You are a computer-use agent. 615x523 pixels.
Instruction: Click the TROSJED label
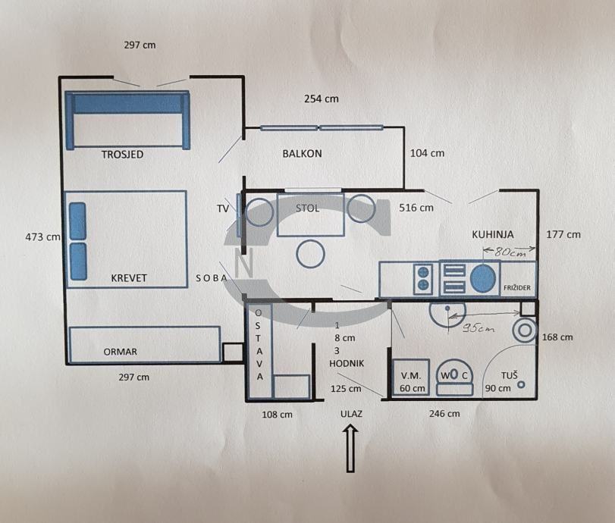tap(122, 155)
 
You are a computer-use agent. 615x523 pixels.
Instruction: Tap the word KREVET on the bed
tap(129, 278)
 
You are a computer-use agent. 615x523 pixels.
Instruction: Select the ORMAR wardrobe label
tap(120, 352)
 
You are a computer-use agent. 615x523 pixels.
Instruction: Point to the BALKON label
tap(302, 153)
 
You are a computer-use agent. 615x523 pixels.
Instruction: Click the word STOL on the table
tap(308, 208)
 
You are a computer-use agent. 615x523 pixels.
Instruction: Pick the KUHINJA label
tap(493, 234)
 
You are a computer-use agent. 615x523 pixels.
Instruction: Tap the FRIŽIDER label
tap(517, 288)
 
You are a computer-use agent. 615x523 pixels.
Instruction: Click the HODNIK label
tap(347, 363)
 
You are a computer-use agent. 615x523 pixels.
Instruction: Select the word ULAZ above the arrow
tap(351, 414)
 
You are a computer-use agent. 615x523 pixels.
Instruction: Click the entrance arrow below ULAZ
tap(350, 449)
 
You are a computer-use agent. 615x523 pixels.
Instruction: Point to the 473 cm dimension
tap(42, 237)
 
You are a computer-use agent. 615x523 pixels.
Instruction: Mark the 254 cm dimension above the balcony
tap(322, 99)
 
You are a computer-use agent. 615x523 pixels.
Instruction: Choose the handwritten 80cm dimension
tap(510, 252)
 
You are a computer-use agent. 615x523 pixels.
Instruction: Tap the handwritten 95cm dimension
tap(478, 328)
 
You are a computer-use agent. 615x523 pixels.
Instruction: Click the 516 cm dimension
tap(416, 208)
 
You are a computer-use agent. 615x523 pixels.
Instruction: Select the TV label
tap(223, 208)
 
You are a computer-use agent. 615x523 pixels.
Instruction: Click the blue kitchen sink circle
tap(483, 278)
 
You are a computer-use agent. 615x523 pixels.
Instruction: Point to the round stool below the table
tap(310, 254)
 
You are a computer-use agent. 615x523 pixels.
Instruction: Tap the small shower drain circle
tap(521, 384)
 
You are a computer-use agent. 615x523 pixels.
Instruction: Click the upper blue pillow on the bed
tap(77, 221)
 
